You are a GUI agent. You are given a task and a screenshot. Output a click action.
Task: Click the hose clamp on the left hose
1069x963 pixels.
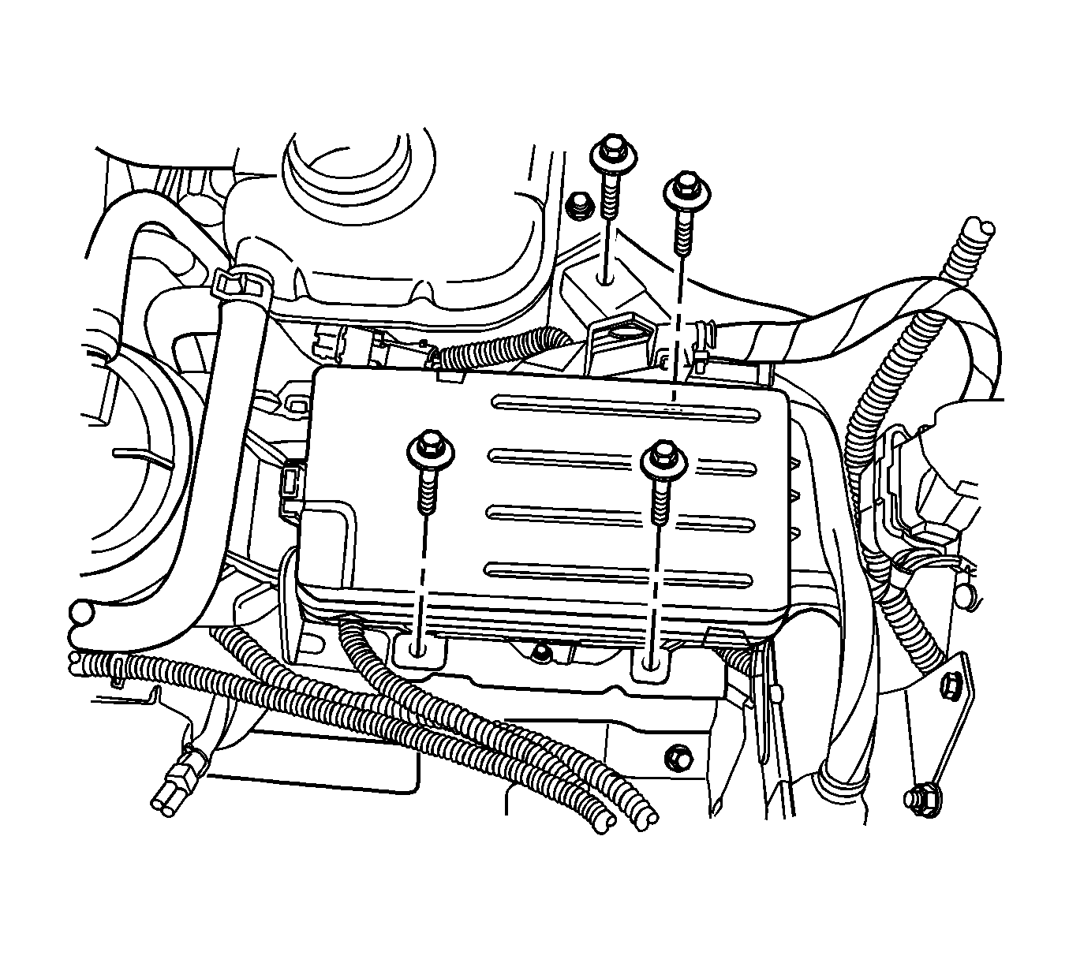tap(241, 282)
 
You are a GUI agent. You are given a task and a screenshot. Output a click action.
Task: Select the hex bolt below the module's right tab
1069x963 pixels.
tap(677, 757)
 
